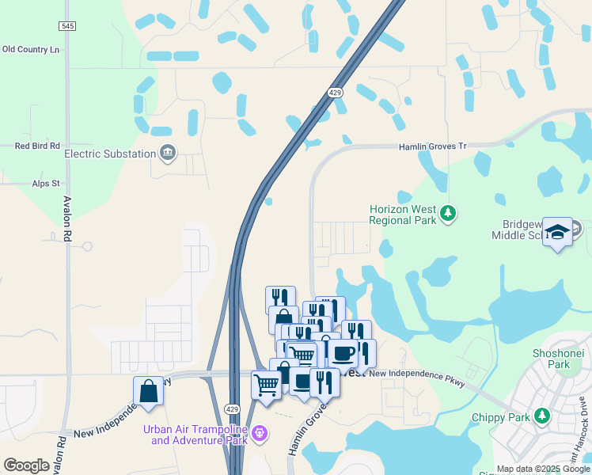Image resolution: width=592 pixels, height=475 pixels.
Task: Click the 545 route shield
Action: pyautogui.click(x=67, y=26)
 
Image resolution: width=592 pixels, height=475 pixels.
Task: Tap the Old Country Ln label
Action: pyautogui.click(x=31, y=49)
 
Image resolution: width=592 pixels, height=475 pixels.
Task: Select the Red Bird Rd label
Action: pyautogui.click(x=38, y=146)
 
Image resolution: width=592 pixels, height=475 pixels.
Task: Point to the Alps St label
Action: pyautogui.click(x=46, y=184)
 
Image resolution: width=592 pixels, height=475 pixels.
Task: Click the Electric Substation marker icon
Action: pyautogui.click(x=168, y=153)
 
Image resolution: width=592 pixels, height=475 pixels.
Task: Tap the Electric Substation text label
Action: pyautogui.click(x=110, y=154)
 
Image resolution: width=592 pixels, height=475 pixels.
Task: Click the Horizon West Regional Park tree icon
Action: pyautogui.click(x=448, y=213)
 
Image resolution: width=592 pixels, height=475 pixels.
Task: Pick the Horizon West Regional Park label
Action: pyautogui.click(x=403, y=215)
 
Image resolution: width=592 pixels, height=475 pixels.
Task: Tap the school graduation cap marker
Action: pyautogui.click(x=558, y=231)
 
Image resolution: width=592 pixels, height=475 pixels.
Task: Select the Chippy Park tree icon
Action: pyautogui.click(x=542, y=415)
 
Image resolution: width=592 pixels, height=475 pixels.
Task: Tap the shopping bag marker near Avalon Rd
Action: pyautogui.click(x=148, y=390)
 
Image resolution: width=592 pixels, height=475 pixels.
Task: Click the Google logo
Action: pyautogui.click(x=27, y=465)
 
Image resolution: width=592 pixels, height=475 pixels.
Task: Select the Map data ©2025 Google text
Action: pyautogui.click(x=543, y=469)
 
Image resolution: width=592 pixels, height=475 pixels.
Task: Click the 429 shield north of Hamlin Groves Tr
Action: pyautogui.click(x=336, y=93)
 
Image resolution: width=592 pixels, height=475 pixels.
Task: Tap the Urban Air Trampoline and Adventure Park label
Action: pyautogui.click(x=195, y=435)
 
